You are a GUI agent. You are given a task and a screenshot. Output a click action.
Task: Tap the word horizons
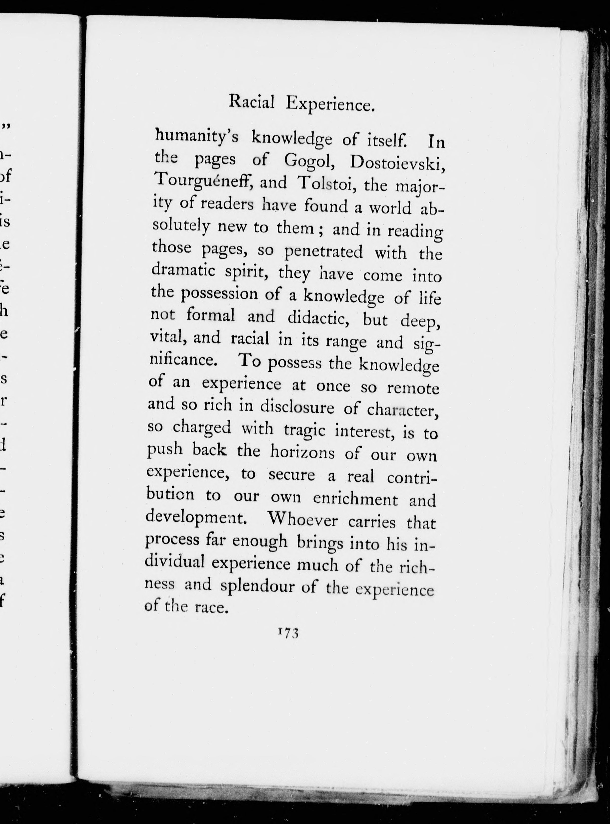(302, 452)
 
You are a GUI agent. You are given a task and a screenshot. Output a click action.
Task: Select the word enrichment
(355, 499)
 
